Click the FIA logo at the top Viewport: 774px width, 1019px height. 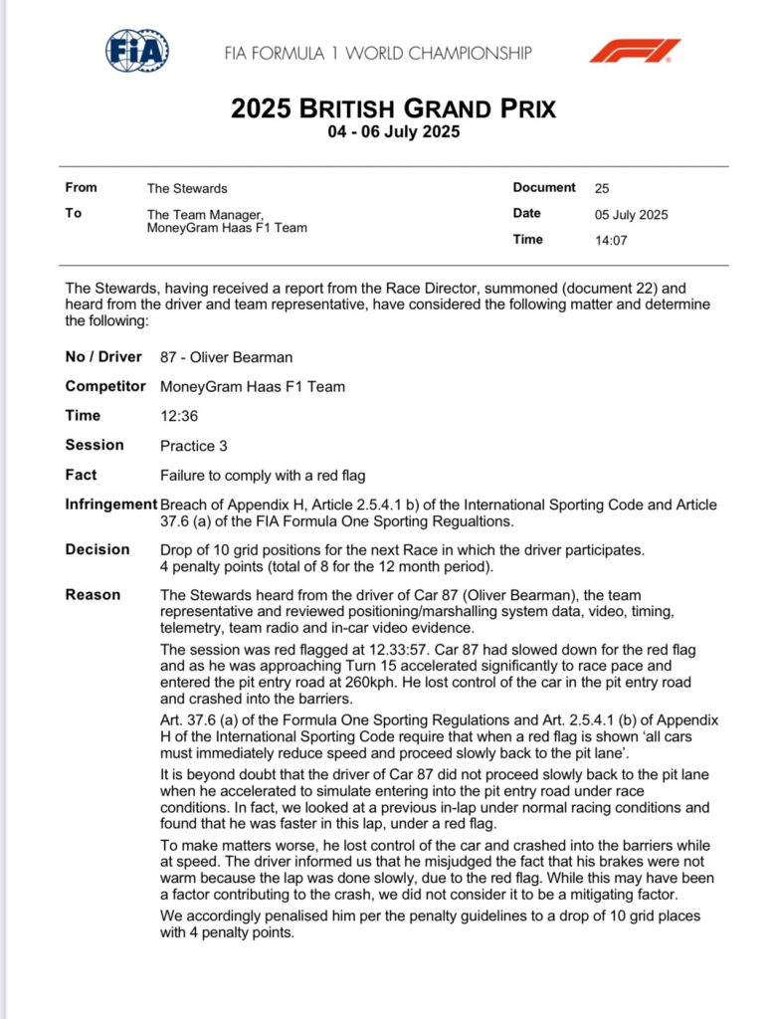click(x=137, y=51)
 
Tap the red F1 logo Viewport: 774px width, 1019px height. click(x=635, y=51)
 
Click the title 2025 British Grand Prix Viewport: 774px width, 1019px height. click(x=393, y=107)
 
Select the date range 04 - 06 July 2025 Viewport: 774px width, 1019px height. click(x=393, y=131)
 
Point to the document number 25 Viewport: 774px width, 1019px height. click(x=602, y=188)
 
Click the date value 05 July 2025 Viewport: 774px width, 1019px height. click(x=631, y=214)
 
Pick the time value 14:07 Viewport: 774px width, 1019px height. click(x=611, y=240)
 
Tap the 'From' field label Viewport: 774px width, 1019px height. click(x=82, y=188)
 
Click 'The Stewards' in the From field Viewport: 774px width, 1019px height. click(x=187, y=188)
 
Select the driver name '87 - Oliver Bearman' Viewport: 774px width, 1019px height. click(x=227, y=357)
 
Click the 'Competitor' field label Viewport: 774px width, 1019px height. click(x=105, y=387)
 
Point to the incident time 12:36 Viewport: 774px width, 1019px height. click(x=179, y=417)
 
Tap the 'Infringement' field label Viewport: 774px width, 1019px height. click(x=110, y=505)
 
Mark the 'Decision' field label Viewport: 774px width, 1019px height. click(x=97, y=549)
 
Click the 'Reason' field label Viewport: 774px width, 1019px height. click(x=93, y=595)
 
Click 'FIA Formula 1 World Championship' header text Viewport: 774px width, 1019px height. click(x=378, y=53)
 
